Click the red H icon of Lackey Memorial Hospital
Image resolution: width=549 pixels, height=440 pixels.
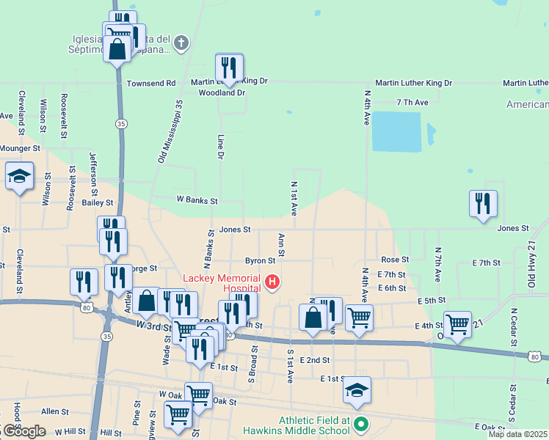272,282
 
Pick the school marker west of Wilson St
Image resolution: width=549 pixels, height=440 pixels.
20,177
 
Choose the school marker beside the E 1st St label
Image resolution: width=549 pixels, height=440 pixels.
357,391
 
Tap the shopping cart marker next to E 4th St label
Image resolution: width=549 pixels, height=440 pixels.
457,323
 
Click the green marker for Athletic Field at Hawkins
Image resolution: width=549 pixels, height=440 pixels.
360,424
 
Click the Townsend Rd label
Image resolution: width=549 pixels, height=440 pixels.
151,84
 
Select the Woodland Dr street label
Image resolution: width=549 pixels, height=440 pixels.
222,93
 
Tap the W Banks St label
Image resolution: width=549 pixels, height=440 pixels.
197,200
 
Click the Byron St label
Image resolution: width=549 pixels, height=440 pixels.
260,260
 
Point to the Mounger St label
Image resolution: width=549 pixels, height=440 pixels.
19,148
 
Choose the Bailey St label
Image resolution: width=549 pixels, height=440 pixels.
98,202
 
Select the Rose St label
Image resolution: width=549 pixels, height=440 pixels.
394,260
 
